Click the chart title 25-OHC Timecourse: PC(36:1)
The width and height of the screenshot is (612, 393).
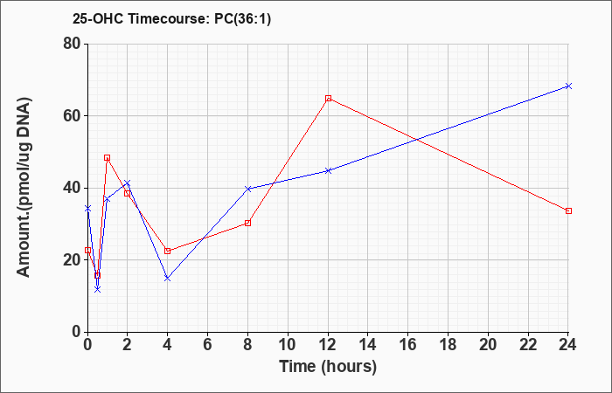pos(171,19)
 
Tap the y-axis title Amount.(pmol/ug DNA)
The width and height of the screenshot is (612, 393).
pos(24,188)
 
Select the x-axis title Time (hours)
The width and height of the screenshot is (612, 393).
pos(328,367)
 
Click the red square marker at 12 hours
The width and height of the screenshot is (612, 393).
pos(328,98)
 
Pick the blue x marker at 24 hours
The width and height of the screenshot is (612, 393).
pos(568,86)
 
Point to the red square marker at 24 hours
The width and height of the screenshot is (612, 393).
pos(568,211)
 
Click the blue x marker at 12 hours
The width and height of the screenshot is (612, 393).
pos(328,170)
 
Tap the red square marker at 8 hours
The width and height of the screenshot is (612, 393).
pos(247,223)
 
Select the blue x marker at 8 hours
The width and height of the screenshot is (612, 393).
pos(247,189)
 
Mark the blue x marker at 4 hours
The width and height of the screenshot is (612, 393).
pos(168,278)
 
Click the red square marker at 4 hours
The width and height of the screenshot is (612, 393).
pos(168,251)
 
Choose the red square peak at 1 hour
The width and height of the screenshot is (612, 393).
pos(107,157)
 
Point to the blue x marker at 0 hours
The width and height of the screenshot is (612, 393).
pos(87,208)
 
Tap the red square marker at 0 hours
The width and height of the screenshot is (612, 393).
pos(87,251)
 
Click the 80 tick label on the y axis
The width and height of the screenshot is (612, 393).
pos(73,44)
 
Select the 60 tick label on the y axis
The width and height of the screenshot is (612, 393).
pos(73,116)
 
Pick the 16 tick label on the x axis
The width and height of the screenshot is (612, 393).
pos(408,345)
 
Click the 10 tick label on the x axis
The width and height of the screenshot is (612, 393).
pos(288,345)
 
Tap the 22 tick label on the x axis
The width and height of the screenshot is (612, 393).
pos(528,345)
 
